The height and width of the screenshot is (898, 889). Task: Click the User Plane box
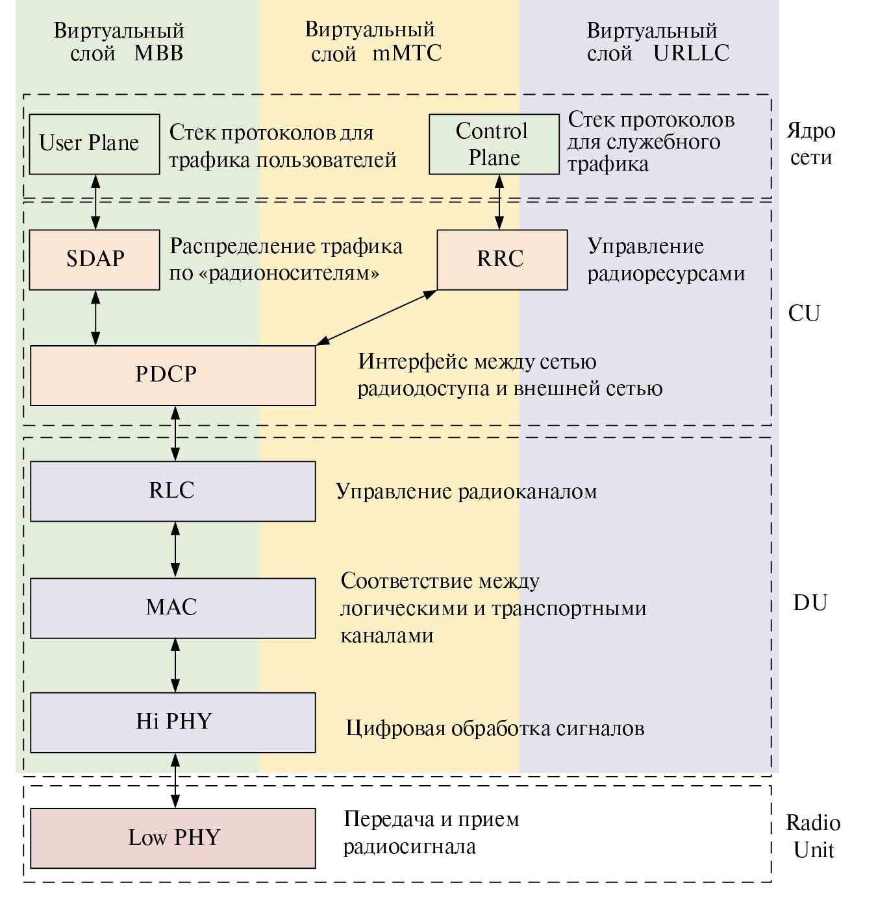(95, 144)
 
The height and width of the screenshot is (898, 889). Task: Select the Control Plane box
(494, 144)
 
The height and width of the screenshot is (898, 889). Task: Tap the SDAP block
(95, 260)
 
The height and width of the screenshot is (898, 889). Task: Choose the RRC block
(502, 260)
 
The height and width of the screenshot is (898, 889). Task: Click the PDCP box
(173, 376)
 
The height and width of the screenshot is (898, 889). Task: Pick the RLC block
(173, 491)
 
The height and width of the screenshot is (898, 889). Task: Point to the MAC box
(173, 608)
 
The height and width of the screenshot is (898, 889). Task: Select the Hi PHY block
(173, 722)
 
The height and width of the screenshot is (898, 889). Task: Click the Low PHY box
(173, 838)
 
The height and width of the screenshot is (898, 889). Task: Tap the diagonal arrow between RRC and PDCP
(377, 317)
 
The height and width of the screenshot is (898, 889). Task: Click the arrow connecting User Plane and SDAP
(96, 202)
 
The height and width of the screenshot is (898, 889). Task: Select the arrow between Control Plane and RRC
(499, 202)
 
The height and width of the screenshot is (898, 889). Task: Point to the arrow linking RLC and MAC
(175, 550)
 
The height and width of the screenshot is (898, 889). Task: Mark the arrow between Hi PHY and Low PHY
(175, 781)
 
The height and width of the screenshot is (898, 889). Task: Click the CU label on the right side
(804, 313)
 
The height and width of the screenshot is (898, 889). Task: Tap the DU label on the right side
(810, 603)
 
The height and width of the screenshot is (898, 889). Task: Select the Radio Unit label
(813, 836)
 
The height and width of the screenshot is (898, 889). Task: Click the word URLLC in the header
(691, 53)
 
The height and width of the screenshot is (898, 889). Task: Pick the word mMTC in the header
(407, 53)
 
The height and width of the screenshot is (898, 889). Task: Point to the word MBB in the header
(158, 53)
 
